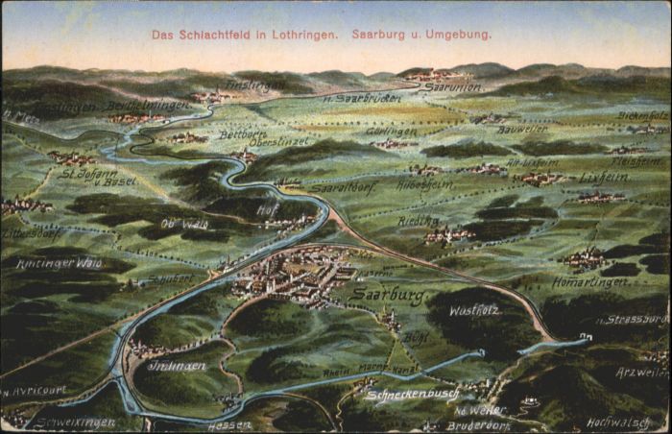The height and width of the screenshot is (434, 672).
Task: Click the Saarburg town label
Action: tap(388, 295)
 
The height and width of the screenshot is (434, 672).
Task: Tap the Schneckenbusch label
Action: tap(412, 395)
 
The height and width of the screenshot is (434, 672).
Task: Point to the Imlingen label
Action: tap(176, 366)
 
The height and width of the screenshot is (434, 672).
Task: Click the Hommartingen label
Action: tap(588, 282)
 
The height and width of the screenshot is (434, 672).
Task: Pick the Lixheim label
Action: tap(603, 177)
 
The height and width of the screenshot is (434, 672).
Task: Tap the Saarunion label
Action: tap(452, 86)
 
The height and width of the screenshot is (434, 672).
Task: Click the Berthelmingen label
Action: tap(147, 105)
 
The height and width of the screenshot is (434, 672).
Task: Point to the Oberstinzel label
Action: tap(278, 142)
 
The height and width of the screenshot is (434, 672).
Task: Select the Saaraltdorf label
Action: tap(344, 187)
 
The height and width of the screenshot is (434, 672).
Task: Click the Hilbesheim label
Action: tap(424, 184)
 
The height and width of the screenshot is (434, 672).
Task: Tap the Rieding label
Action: tap(419, 221)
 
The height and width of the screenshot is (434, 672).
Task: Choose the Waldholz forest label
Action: tap(473, 310)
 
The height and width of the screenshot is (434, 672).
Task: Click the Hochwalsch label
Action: tap(618, 422)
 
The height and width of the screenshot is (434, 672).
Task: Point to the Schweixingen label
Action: tap(74, 422)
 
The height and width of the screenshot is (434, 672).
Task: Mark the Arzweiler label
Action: tap(641, 372)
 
